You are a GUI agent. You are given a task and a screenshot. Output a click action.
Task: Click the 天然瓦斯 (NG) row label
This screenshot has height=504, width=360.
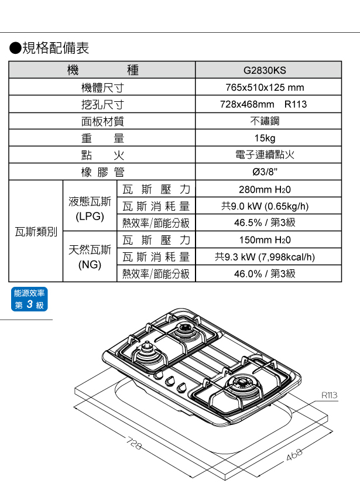pyautogui.click(x=90, y=256)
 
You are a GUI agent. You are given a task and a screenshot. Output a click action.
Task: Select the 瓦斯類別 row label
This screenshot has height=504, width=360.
pyautogui.click(x=36, y=232)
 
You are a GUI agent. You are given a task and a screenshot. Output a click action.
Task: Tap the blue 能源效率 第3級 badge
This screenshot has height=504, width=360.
pyautogui.click(x=29, y=299)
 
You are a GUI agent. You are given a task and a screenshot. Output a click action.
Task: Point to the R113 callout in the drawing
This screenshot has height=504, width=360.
pyautogui.click(x=329, y=396)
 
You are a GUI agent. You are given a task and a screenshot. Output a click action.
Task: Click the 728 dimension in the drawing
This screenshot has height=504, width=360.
pyautogui.click(x=134, y=445)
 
